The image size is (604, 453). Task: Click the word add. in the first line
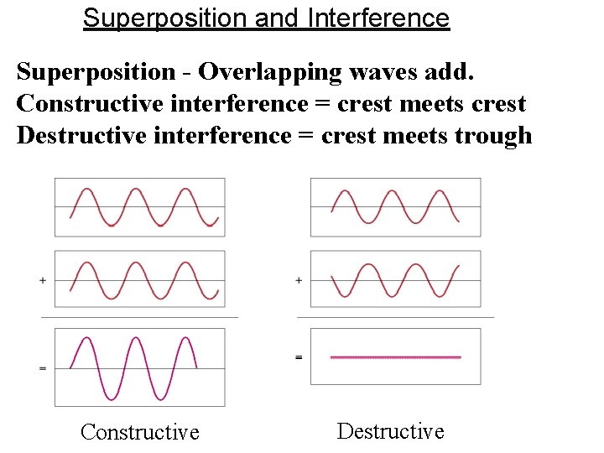450,72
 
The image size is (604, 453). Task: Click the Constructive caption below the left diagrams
140,432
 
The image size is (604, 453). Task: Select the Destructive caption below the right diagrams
390,431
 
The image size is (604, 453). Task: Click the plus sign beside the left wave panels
43,280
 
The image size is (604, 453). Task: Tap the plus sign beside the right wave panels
299,280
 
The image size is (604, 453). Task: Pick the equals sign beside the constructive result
43,368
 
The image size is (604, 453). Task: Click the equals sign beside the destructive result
299,357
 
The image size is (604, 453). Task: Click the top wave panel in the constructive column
140,207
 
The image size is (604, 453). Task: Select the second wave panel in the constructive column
140,279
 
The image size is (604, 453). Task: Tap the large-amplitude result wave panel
140,367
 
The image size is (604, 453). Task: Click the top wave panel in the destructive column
396,207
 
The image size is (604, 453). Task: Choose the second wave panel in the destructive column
396,279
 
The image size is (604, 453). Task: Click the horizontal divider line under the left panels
140,318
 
